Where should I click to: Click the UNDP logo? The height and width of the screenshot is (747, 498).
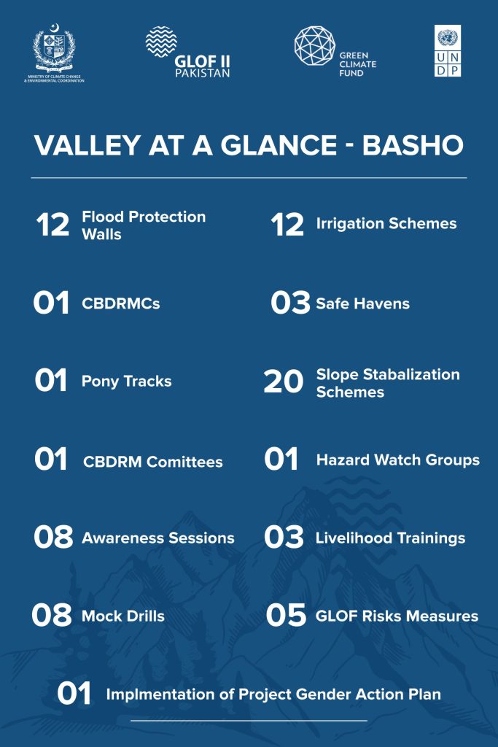pos(448,51)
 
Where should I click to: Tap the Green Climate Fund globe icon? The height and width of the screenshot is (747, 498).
pos(314,46)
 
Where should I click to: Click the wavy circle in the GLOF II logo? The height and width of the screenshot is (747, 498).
pos(161,42)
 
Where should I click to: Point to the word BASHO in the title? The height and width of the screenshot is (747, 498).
pos(413,145)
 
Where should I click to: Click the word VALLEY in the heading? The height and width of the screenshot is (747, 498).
pos(87,145)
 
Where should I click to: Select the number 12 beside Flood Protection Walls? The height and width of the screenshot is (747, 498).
pos(52,225)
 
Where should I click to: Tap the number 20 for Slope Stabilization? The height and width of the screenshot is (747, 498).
pos(284,382)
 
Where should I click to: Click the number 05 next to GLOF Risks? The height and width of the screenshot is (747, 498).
pos(286,615)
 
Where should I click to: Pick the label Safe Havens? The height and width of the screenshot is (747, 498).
pos(363,303)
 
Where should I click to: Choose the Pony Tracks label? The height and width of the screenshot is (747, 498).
pos(127,382)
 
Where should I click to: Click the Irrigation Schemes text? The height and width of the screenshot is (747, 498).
pos(386,223)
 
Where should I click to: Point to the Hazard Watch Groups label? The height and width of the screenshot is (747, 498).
pos(398,460)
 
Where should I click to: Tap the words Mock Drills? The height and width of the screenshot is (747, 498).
pos(123,616)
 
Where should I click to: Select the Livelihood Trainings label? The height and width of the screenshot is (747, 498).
pos(390,538)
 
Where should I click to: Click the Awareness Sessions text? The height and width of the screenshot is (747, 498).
pos(158,538)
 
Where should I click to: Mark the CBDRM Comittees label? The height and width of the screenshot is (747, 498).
pos(153,462)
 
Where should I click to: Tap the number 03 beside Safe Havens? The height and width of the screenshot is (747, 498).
pos(290,303)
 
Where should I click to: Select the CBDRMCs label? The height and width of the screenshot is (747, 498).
pos(121,303)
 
